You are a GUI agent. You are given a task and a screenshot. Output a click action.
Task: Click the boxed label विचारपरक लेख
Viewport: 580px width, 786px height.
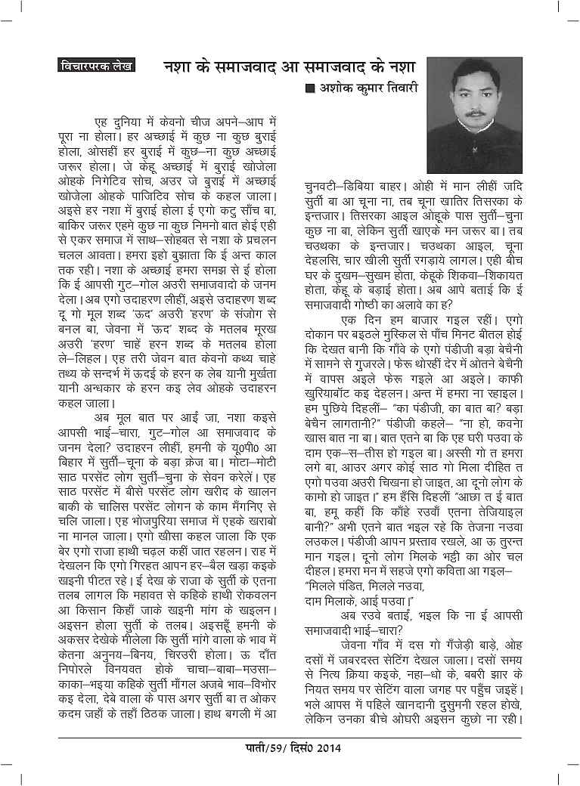[95, 65]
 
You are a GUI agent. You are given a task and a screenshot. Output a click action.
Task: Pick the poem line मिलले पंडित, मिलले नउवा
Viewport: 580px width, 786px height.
[358, 586]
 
